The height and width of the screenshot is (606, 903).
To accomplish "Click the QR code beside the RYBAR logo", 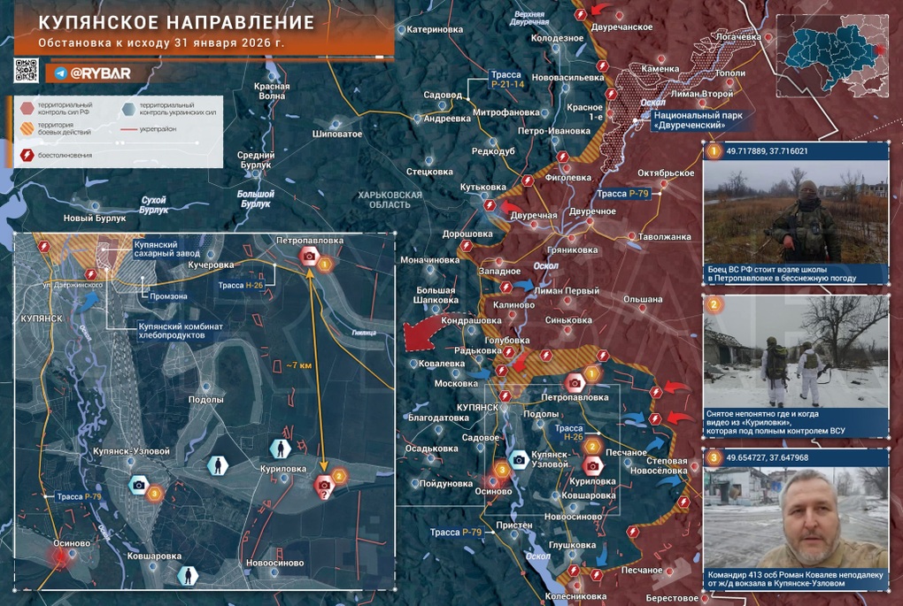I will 27,71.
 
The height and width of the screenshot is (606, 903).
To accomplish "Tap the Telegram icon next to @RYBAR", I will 60,73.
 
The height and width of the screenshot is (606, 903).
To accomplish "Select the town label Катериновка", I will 435,29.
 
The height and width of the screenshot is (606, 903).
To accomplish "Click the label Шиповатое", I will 337,134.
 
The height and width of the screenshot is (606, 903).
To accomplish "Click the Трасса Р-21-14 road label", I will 507,80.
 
